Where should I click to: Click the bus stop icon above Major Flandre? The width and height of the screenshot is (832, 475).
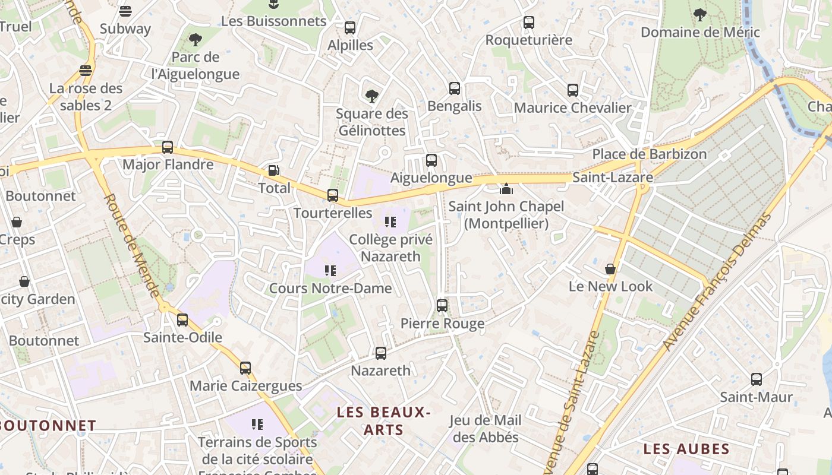(168, 147)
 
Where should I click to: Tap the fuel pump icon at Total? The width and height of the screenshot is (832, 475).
(273, 170)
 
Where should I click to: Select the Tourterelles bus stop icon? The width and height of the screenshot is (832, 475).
(333, 195)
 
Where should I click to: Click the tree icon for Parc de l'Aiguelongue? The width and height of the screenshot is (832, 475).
(195, 40)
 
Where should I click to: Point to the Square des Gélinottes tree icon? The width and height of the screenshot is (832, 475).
(372, 96)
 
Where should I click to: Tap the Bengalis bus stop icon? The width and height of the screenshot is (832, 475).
(455, 88)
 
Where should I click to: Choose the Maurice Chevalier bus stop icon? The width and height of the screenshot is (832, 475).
(573, 90)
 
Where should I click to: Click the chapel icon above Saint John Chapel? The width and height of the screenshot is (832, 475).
(506, 189)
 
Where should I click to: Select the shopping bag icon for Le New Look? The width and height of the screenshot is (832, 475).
(610, 269)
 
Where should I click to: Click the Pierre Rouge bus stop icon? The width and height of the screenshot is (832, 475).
(442, 306)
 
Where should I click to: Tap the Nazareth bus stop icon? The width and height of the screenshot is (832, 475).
(381, 353)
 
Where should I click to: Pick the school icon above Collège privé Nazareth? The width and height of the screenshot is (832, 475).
(390, 222)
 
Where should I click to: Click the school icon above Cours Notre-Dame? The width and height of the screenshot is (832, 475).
(330, 271)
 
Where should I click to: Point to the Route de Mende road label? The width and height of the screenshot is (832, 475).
(132, 246)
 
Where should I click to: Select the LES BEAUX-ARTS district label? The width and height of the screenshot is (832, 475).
(383, 420)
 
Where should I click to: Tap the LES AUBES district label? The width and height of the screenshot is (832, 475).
(686, 449)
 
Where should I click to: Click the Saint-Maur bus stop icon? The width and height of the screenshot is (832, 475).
(757, 379)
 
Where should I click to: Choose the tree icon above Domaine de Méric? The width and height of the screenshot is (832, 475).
(700, 14)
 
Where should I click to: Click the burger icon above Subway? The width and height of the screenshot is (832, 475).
(125, 11)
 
